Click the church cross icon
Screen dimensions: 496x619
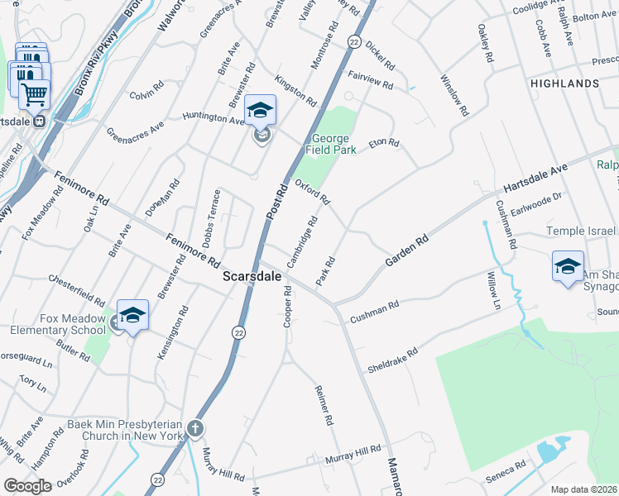[x=194, y=428]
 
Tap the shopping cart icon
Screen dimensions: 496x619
[x=34, y=94]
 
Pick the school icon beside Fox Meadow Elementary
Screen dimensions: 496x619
[x=132, y=316]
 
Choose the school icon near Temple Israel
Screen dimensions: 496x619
[x=568, y=266]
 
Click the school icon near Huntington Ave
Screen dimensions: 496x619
[x=261, y=111]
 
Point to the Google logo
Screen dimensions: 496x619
[x=27, y=485]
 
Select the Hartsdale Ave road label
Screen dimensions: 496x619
[x=536, y=179]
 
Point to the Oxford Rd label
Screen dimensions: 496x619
[x=314, y=193]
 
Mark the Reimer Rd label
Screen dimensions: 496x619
[x=324, y=405]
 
